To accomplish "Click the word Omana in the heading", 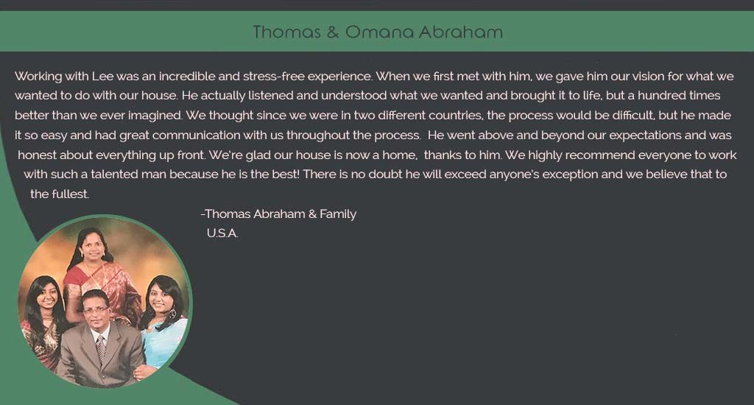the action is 379,32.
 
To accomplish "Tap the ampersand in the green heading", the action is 332,32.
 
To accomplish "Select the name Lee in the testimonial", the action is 102,76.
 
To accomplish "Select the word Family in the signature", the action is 338,214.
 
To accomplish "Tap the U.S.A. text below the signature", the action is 222,233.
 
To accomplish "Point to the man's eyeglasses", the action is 96,311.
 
